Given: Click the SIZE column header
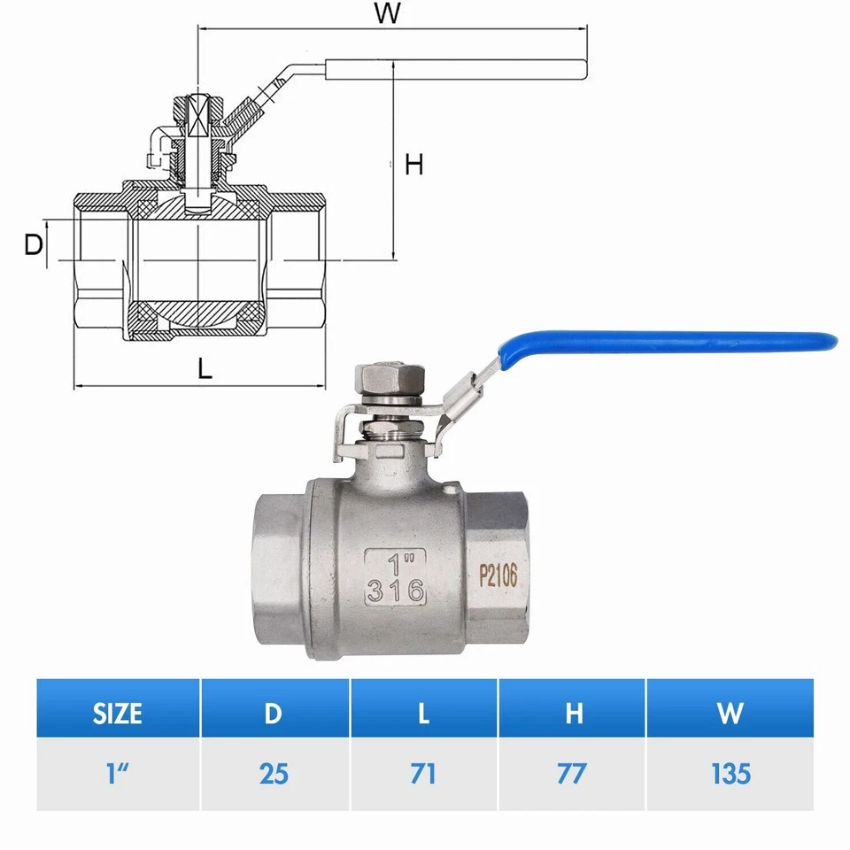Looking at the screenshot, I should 118,713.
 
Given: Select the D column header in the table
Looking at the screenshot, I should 274,713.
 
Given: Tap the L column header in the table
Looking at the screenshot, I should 423,713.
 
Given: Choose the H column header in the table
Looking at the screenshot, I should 573,713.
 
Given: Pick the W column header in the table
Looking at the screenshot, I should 730,713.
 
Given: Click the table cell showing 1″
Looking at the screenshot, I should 118,773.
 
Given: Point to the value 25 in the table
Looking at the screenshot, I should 274,773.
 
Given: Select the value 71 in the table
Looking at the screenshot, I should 423,773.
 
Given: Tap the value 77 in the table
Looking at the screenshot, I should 573,773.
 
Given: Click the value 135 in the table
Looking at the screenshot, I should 730,773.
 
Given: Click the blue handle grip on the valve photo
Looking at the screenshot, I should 673,344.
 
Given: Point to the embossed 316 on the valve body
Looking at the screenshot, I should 396,591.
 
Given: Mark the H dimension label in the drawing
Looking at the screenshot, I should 413,164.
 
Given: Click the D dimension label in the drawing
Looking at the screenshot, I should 33,245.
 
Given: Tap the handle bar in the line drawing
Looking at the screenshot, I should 456,68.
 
